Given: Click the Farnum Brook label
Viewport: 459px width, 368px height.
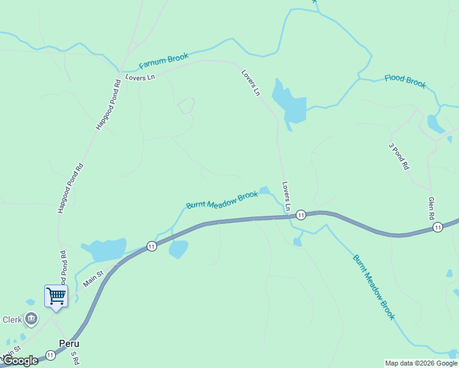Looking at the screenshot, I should [163, 61].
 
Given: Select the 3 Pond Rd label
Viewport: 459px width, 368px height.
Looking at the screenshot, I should [398, 156].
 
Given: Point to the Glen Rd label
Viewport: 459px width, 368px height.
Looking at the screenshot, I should [431, 209].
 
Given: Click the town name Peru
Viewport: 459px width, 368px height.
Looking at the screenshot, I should [69, 343].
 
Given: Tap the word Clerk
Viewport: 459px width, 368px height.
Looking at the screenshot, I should [12, 320].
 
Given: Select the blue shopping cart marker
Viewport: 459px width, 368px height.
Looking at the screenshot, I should [56, 296].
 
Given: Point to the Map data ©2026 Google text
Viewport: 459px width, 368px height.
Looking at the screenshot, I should [421, 363].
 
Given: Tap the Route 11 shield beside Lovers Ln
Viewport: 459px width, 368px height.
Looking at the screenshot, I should [301, 215].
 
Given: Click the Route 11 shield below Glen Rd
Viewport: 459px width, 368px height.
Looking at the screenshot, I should [437, 227].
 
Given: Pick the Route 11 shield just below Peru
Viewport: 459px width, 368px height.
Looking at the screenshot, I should [50, 355].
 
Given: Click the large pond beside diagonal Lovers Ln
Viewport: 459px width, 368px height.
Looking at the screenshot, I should [288, 103].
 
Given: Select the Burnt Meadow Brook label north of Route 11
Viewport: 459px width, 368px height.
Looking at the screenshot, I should [222, 200].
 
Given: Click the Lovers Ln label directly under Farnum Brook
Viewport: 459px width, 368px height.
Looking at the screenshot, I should [141, 77].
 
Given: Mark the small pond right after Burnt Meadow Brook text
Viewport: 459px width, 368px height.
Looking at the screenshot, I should [264, 190].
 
